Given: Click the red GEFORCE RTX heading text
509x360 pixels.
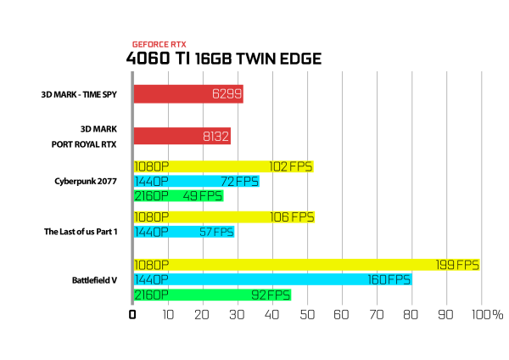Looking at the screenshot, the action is pyautogui.click(x=159, y=44).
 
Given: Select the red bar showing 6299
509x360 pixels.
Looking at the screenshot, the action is pyautogui.click(x=188, y=94).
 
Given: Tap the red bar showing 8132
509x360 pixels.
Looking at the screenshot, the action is pyautogui.click(x=182, y=136).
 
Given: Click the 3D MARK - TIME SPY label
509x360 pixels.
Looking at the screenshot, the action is pyautogui.click(x=79, y=94).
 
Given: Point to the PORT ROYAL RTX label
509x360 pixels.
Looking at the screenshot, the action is pyautogui.click(x=84, y=144).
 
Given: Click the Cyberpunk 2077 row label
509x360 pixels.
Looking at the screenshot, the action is pyautogui.click(x=86, y=182).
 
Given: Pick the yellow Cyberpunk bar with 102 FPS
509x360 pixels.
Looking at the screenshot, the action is pyautogui.click(x=224, y=166).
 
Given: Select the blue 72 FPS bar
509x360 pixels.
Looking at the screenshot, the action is pyautogui.click(x=197, y=182).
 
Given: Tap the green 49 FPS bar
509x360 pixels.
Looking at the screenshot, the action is pyautogui.click(x=178, y=196).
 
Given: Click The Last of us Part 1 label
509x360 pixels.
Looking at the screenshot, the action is pyautogui.click(x=81, y=232).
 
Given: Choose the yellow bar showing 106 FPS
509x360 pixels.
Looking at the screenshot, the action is pyautogui.click(x=224, y=217).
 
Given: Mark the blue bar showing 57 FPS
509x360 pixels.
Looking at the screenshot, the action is pyautogui.click(x=184, y=232).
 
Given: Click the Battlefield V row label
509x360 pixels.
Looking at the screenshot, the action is pyautogui.click(x=94, y=280).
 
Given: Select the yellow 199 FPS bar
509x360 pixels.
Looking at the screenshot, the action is pyautogui.click(x=307, y=265).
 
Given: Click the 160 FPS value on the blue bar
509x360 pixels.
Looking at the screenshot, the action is pyautogui.click(x=389, y=279).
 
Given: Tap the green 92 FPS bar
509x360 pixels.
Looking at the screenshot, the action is pyautogui.click(x=213, y=295).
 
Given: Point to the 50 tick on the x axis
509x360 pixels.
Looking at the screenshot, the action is pyautogui.click(x=307, y=314).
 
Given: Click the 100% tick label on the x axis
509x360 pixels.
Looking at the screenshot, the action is pyautogui.click(x=487, y=314).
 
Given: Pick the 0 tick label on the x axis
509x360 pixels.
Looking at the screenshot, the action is pyautogui.click(x=132, y=314).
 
